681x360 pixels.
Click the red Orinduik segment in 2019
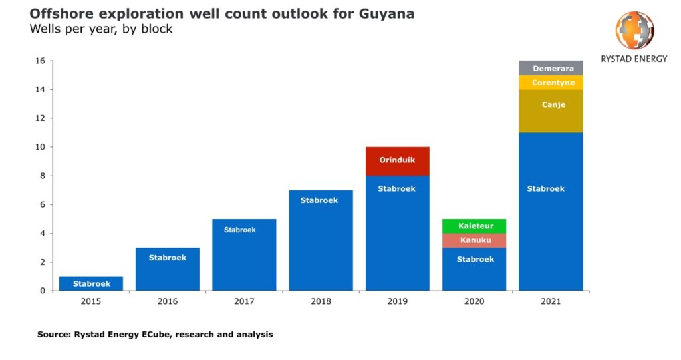[x=397, y=161]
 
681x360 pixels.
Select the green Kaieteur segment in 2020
[x=475, y=226]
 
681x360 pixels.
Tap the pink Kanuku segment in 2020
[x=475, y=240]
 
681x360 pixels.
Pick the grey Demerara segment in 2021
[x=551, y=68]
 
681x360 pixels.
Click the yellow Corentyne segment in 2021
[x=551, y=83]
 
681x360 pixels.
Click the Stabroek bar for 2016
[x=168, y=269]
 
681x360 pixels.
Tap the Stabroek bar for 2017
[x=244, y=255]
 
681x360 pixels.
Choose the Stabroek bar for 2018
[x=321, y=240]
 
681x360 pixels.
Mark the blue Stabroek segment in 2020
[x=475, y=269]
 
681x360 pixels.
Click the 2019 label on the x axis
[x=397, y=301]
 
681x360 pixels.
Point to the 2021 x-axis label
[x=551, y=301]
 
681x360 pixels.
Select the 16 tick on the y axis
[x=40, y=61]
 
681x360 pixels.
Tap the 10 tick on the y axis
[x=40, y=147]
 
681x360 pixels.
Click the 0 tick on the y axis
[x=43, y=291]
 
